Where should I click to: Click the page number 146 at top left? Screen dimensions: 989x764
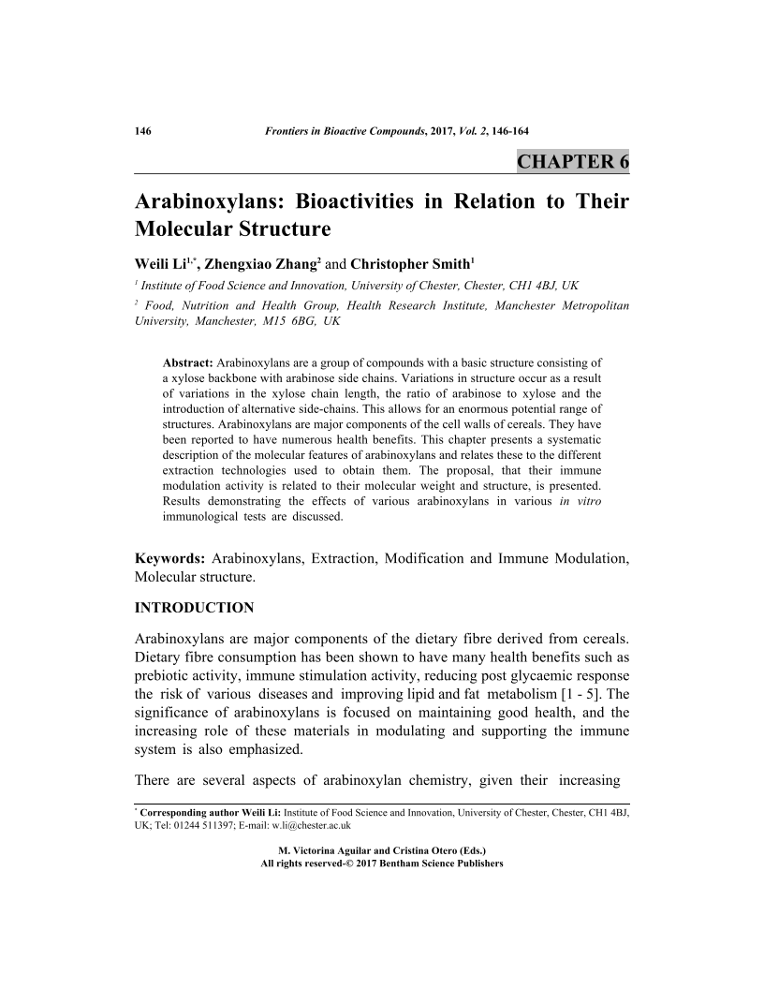(144, 131)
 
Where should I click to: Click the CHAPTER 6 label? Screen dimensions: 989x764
(573, 161)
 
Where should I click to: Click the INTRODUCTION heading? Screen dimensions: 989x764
(194, 608)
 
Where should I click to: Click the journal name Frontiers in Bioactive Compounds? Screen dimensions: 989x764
(340, 131)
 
